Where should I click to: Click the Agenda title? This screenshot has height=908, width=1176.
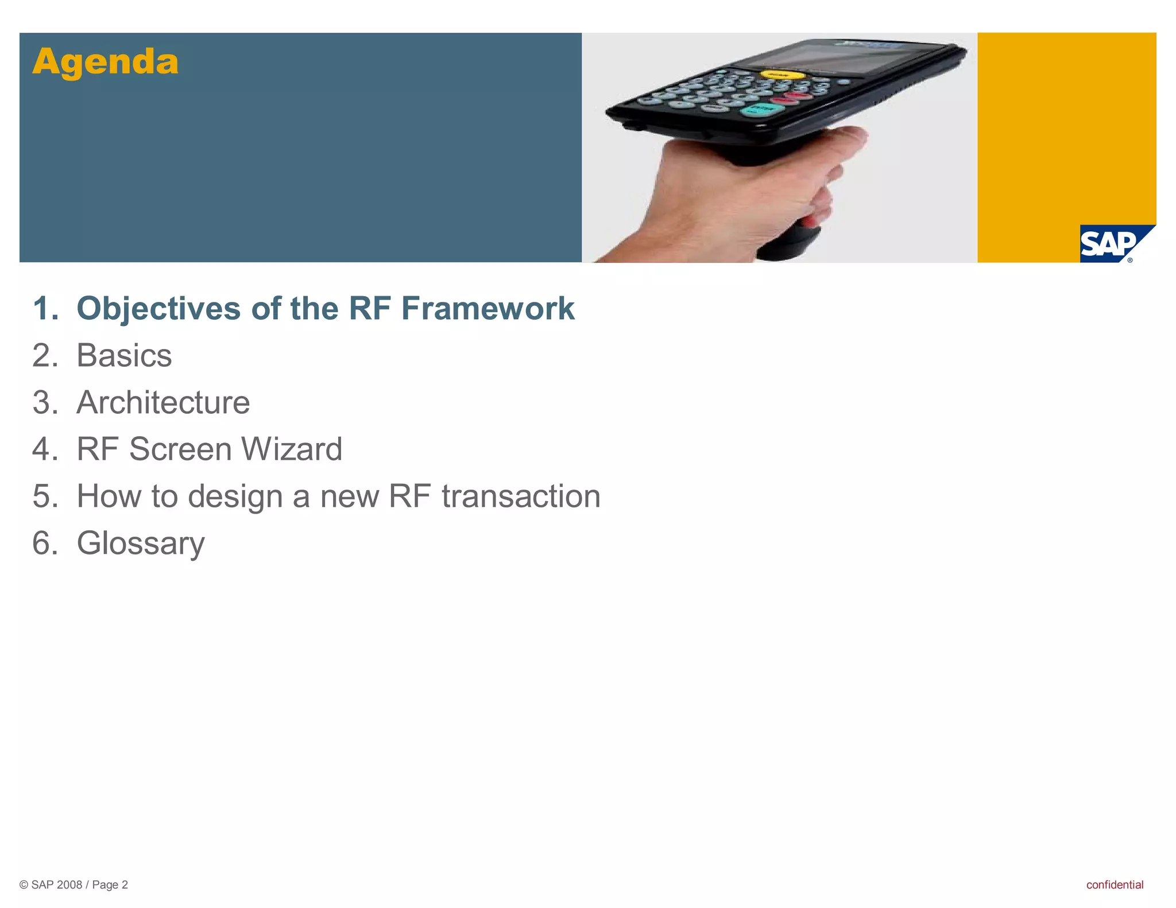point(106,61)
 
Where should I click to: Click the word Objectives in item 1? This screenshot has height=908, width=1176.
point(158,309)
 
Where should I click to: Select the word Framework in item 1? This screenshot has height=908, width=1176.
point(488,309)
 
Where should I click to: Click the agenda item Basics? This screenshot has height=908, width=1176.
point(124,356)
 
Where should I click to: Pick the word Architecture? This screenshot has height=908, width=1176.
point(163,402)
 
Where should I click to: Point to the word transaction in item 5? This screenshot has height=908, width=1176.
point(521,496)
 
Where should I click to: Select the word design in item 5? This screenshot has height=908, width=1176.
point(235,496)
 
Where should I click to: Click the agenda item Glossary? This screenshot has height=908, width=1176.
point(141,543)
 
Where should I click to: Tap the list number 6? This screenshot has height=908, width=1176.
point(44,543)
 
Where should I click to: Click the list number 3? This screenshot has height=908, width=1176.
point(44,402)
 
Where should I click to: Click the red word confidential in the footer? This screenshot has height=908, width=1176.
point(1114,884)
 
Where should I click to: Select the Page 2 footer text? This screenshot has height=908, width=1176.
point(110,884)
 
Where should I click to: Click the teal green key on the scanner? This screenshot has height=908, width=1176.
point(761,109)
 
